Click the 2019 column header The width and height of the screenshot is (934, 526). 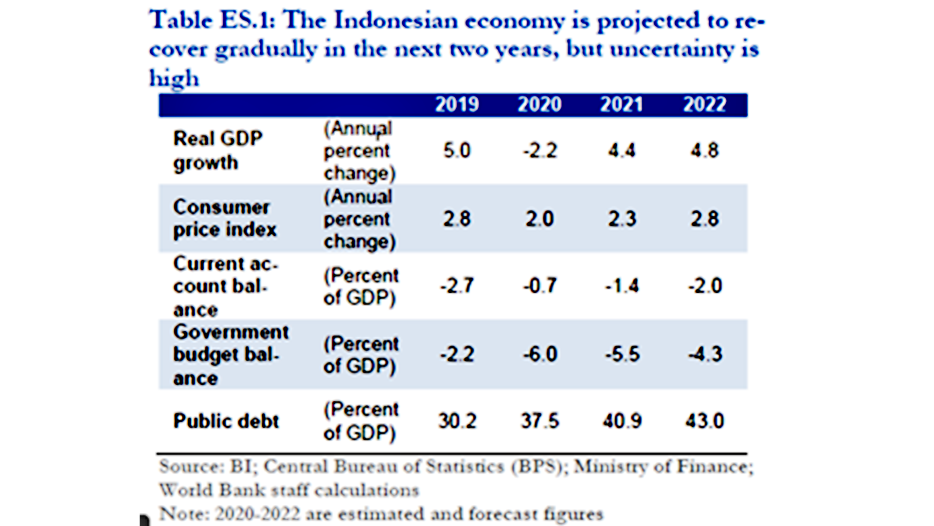[456, 105]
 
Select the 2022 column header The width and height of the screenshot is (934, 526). [704, 105]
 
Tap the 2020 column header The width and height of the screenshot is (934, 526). [539, 105]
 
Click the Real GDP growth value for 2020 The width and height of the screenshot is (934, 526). [540, 150]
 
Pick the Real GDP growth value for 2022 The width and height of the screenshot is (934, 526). [704, 150]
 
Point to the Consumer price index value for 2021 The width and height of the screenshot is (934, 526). [622, 219]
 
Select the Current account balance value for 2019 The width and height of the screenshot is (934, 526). [456, 286]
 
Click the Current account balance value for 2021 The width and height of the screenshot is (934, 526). [622, 286]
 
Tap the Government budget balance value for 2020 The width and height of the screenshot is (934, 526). [540, 354]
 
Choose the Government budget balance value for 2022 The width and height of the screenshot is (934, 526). [705, 354]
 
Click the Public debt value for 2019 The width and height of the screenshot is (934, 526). [457, 421]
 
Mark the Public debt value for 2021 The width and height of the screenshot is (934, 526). [622, 421]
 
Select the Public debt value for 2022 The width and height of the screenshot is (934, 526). [705, 421]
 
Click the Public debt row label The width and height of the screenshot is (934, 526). [226, 421]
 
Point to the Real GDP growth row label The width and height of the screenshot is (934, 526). [217, 150]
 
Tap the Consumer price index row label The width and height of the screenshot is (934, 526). [224, 218]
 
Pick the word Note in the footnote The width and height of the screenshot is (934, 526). [183, 514]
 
